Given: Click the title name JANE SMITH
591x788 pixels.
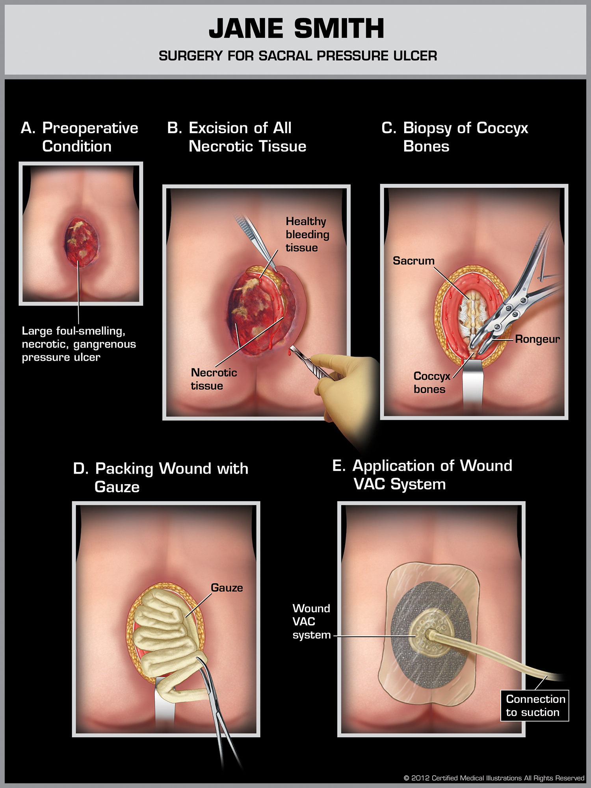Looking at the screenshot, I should point(296,29).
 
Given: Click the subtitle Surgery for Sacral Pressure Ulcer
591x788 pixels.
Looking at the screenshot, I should point(298,56).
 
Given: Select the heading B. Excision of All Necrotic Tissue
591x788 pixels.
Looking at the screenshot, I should point(237,137).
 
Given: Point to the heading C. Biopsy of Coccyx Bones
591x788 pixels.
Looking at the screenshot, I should point(455,137).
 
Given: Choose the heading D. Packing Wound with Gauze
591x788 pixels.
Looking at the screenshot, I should point(161,478).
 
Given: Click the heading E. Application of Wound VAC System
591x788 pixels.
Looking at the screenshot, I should point(422,475).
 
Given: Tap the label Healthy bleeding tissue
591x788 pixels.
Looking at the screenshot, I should point(307,234).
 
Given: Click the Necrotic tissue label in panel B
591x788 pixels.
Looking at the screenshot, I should point(214,379).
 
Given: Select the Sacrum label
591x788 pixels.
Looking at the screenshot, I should point(413,261).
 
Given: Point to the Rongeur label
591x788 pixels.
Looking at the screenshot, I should point(537,339).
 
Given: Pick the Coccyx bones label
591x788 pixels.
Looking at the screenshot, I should point(431,383).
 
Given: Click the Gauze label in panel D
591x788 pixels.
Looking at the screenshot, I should point(227,588).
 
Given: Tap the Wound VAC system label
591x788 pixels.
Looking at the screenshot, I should point(311,622).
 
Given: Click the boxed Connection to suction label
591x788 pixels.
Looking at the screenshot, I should point(535,706).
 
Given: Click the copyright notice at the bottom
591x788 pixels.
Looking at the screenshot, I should point(494,778).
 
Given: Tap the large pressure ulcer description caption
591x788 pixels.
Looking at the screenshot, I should point(79,344).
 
